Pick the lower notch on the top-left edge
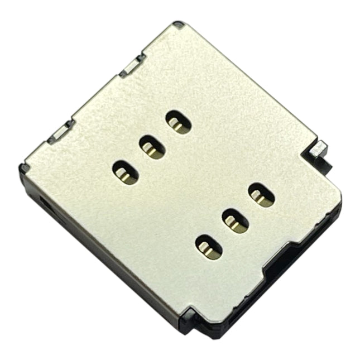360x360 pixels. click(x=59, y=132)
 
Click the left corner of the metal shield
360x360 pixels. click(x=25, y=166)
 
